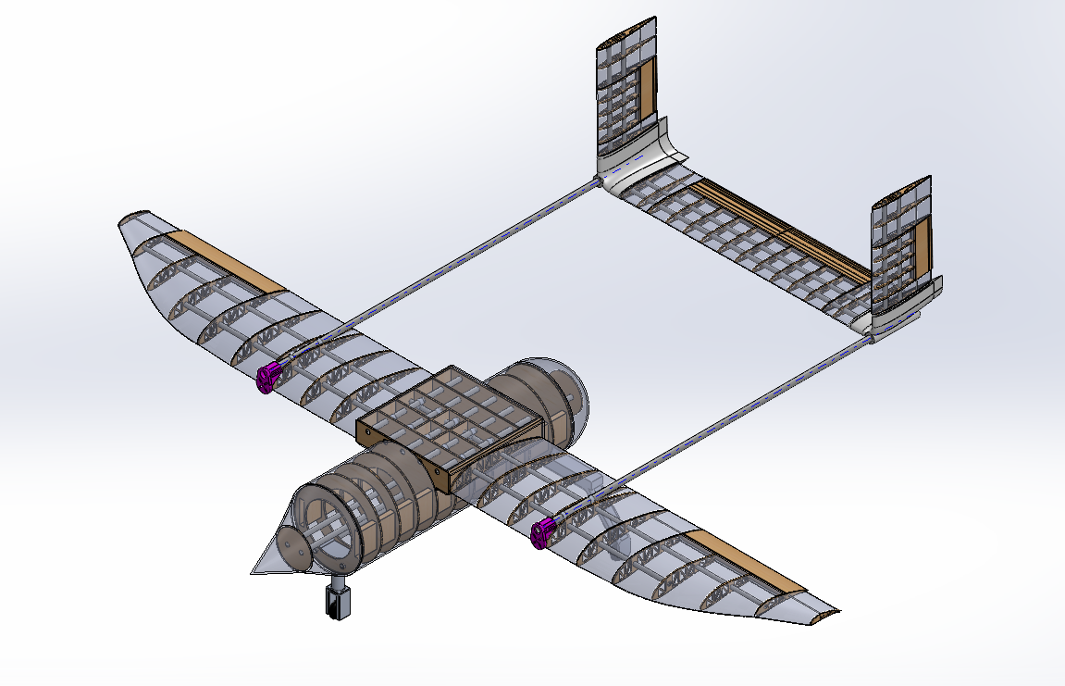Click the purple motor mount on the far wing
(x=268, y=378)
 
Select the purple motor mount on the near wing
(x=542, y=532)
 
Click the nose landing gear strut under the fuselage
(x=339, y=598)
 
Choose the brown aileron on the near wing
(x=749, y=564)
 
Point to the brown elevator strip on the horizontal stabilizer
(x=777, y=228)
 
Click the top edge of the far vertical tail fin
(x=629, y=28)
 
